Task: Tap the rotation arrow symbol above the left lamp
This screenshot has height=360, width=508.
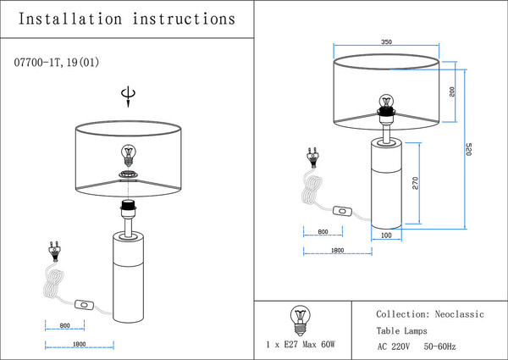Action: (128, 96)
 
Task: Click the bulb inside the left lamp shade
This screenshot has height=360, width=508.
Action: (129, 154)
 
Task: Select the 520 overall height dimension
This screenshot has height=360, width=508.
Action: (469, 149)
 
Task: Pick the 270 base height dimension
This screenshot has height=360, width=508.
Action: (416, 184)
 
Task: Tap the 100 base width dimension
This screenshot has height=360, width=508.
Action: (386, 236)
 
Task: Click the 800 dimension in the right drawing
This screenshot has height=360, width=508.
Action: (323, 232)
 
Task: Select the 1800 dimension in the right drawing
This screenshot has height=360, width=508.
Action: (335, 252)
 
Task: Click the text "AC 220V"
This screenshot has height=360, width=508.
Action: (394, 346)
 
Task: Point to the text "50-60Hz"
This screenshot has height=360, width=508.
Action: (440, 346)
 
